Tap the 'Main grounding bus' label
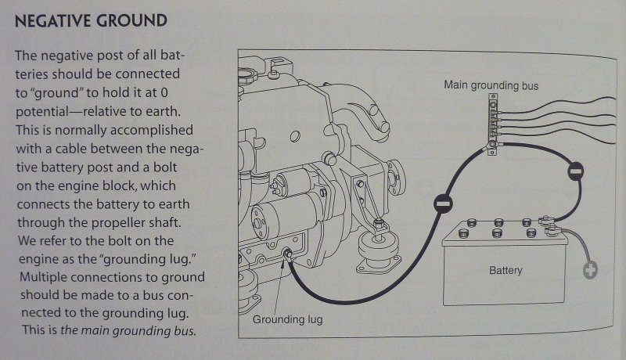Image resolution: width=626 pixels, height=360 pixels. tap(491, 84)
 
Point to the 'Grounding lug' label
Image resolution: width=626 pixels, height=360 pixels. tap(287, 319)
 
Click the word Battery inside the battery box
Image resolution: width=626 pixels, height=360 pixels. tap(505, 272)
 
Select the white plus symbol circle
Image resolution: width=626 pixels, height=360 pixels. tap(589, 272)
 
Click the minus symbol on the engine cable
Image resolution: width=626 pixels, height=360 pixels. tap(440, 205)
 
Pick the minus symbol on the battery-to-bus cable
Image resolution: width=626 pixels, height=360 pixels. tap(575, 169)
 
